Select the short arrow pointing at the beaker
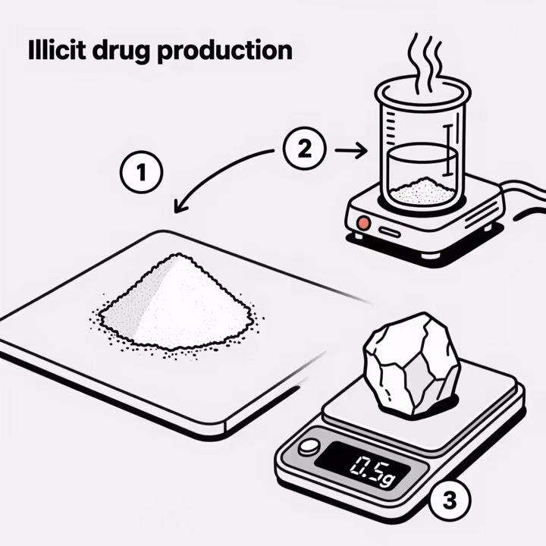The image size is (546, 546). tap(350, 152)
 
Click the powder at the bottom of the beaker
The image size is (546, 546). tap(422, 191)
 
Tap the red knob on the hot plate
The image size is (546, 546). tap(364, 224)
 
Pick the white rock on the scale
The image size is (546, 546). tap(410, 363)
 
